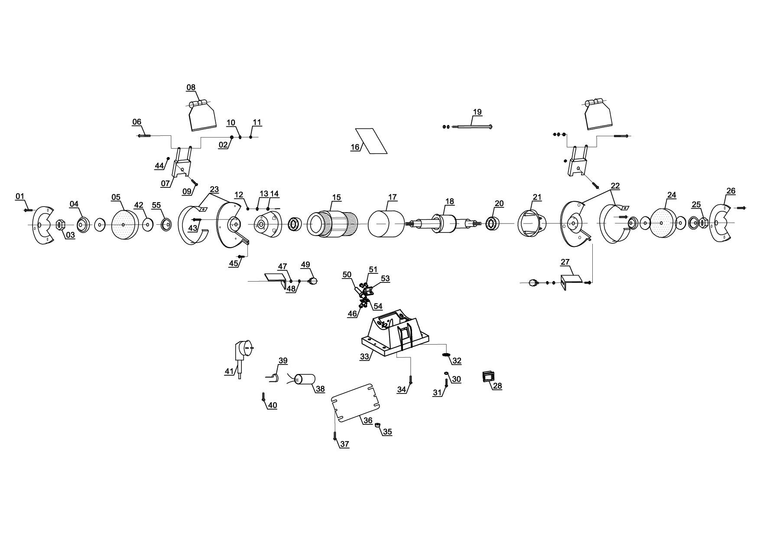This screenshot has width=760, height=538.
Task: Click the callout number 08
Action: pyautogui.click(x=191, y=88)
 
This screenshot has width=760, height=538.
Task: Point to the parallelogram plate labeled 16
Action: pyautogui.click(x=371, y=141)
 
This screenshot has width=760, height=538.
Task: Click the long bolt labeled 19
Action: pyautogui.click(x=473, y=127)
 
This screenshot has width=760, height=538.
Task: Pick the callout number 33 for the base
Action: pyautogui.click(x=365, y=357)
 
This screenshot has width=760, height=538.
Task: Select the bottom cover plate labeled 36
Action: pyautogui.click(x=355, y=402)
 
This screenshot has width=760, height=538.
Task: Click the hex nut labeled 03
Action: pyautogui.click(x=60, y=225)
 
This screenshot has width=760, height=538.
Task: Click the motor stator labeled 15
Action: pyautogui.click(x=331, y=224)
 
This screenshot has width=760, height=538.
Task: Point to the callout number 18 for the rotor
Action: pyautogui.click(x=450, y=201)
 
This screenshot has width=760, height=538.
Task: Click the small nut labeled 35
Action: pyautogui.click(x=377, y=425)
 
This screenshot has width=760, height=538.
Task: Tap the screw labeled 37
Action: pyautogui.click(x=335, y=438)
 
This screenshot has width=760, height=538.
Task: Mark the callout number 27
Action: pyautogui.click(x=565, y=262)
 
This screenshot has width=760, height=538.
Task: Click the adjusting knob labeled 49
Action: pyautogui.click(x=313, y=281)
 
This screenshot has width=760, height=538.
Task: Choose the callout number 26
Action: pyautogui.click(x=731, y=191)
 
